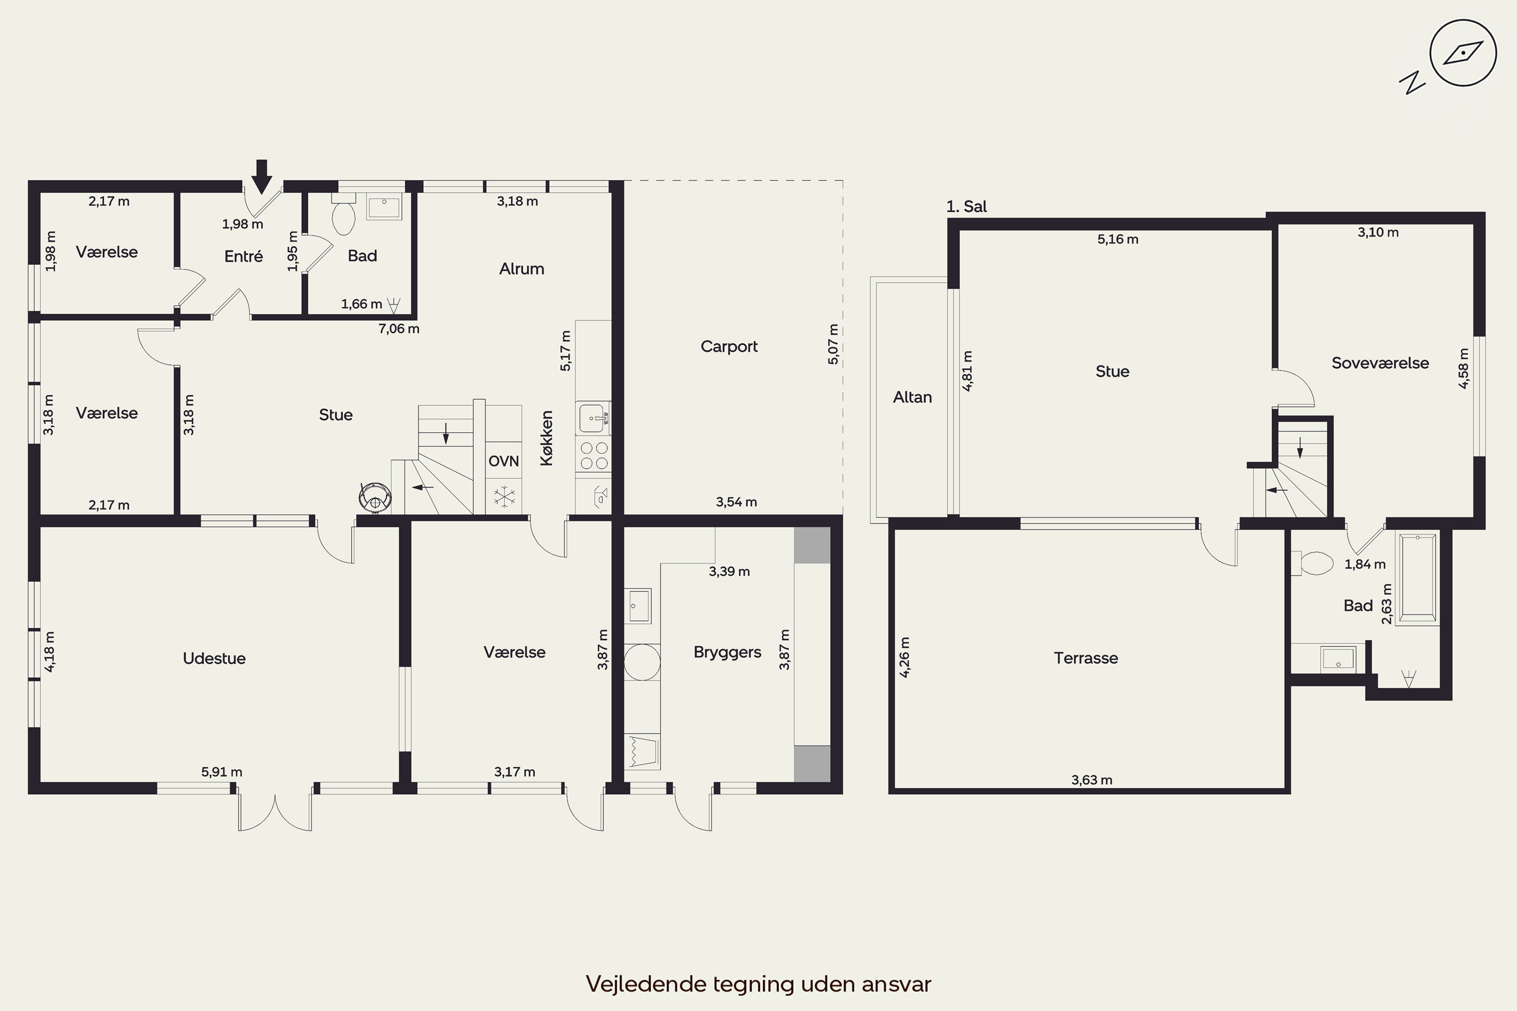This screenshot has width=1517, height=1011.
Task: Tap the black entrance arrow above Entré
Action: [261, 176]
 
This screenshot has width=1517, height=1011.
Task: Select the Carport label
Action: [729, 346]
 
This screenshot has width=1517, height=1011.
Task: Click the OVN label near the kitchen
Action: [504, 461]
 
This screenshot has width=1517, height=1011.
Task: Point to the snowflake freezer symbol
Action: [504, 496]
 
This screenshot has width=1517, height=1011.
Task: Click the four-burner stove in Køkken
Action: [593, 455]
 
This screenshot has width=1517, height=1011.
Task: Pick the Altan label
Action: [912, 397]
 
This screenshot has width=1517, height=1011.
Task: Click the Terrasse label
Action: [1086, 658]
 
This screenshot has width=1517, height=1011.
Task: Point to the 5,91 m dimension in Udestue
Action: [222, 772]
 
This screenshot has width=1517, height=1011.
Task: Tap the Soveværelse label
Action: [1380, 363]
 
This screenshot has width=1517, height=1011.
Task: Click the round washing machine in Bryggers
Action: [642, 662]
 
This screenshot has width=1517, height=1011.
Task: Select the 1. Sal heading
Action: [966, 206]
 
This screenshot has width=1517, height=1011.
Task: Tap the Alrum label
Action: [521, 269]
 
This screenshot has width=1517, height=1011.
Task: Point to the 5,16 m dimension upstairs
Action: [1118, 239]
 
